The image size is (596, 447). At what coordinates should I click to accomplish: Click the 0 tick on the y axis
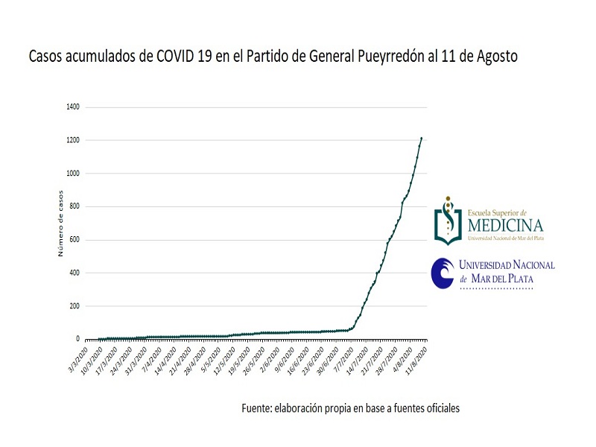80,339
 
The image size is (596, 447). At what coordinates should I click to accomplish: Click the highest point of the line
421,138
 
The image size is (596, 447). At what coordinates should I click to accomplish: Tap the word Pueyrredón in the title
393,57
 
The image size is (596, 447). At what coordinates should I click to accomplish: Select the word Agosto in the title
495,57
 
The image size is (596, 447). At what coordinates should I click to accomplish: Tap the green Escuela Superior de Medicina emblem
448,222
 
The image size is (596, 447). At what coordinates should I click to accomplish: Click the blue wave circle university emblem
443,273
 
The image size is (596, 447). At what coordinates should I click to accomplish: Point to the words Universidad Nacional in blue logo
506,265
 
